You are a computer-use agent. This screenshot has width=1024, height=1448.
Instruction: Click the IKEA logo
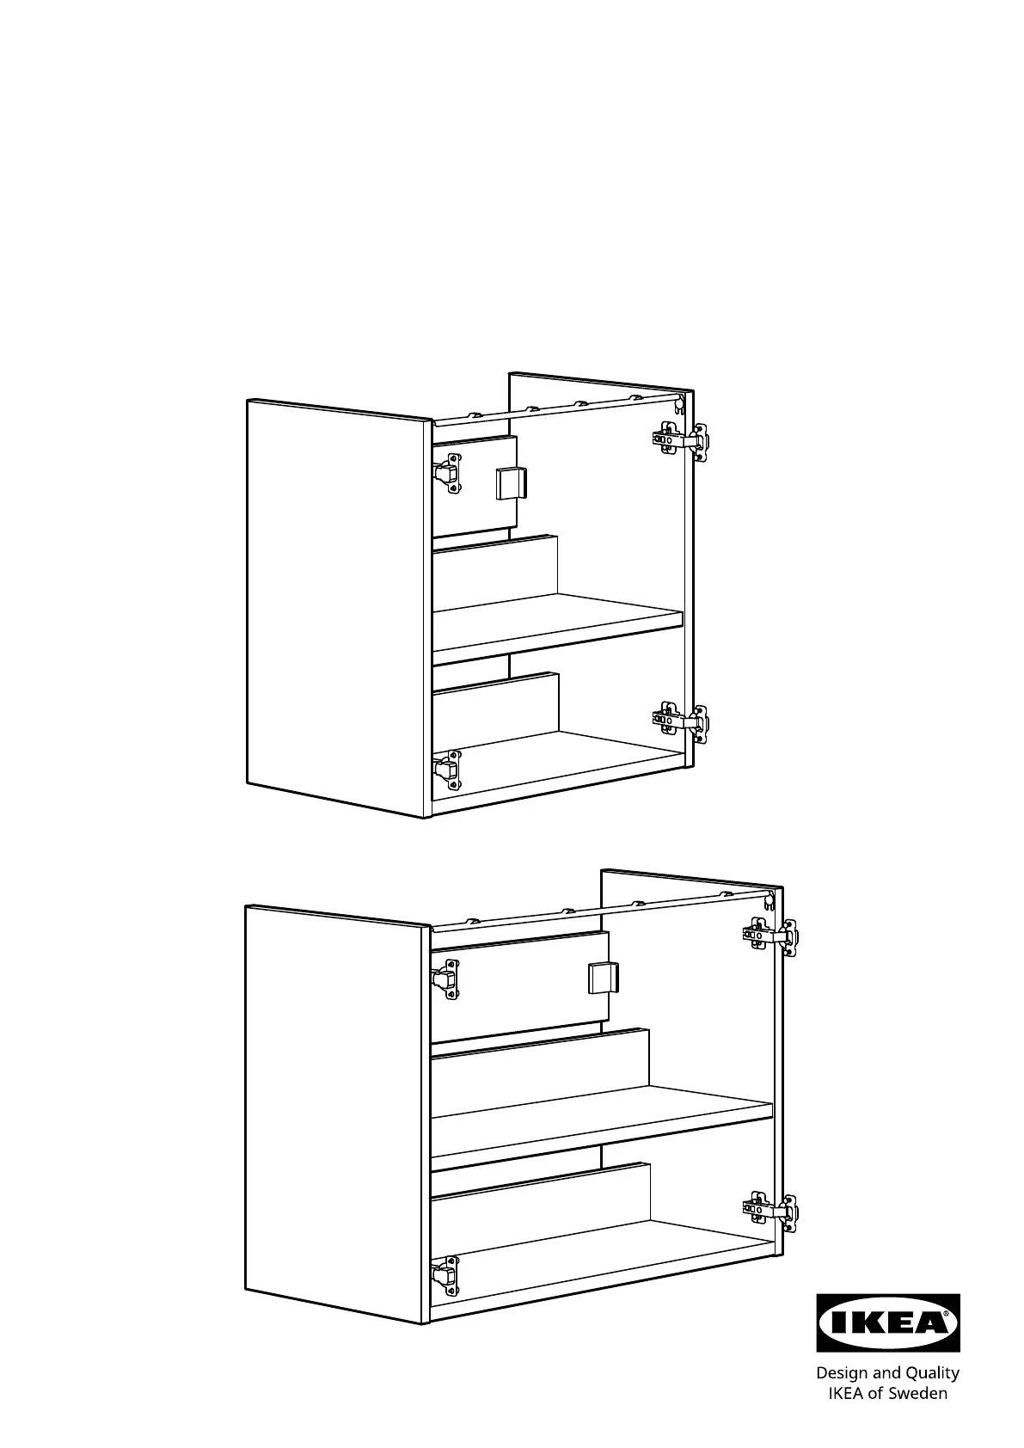(x=887, y=1322)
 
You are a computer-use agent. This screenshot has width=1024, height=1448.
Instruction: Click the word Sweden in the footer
(x=918, y=1393)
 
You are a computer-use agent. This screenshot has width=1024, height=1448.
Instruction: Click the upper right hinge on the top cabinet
(x=680, y=441)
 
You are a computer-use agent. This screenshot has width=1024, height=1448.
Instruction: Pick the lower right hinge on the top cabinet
(x=680, y=722)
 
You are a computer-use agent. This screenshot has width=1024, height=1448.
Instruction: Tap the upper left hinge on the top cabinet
(x=447, y=473)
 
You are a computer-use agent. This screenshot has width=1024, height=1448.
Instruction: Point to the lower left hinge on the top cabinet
(x=447, y=770)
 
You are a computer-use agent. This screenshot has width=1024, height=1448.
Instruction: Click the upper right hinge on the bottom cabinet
(x=770, y=936)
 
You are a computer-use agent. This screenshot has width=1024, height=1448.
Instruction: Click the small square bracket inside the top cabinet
(x=512, y=483)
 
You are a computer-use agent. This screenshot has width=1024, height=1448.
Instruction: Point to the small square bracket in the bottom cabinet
(x=604, y=978)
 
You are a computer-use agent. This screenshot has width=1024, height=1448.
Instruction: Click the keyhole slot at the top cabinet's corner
(x=678, y=405)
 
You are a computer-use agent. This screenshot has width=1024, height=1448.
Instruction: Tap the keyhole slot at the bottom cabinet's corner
(x=769, y=899)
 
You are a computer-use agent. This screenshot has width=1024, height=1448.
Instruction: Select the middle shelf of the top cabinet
(x=557, y=623)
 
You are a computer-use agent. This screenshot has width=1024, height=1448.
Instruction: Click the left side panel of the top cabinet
(x=340, y=608)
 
